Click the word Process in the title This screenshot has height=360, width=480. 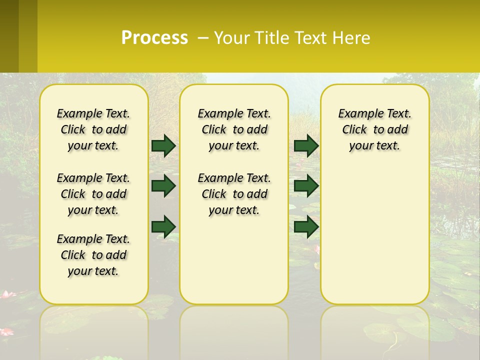pos(154,38)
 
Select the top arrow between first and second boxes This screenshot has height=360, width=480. pos(163,145)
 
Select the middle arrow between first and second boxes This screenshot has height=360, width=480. pos(163,186)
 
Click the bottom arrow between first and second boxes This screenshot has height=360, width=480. pos(163,226)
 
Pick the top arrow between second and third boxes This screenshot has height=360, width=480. pos(306,145)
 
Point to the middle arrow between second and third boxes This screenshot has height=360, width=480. pos(306,186)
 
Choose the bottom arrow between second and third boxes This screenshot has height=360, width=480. pos(306,226)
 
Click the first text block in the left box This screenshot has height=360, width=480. pos(93,129)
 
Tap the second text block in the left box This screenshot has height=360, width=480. pos(93,194)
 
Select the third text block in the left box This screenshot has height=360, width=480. pos(93,255)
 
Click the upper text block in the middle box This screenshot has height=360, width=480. pos(234,129)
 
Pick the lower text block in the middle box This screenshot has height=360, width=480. pos(234,194)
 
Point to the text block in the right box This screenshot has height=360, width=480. pos(374,129)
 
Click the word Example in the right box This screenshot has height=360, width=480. pos(358,114)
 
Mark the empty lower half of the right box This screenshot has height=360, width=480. pos(374,235)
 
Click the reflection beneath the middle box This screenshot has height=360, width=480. pos(234,330)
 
